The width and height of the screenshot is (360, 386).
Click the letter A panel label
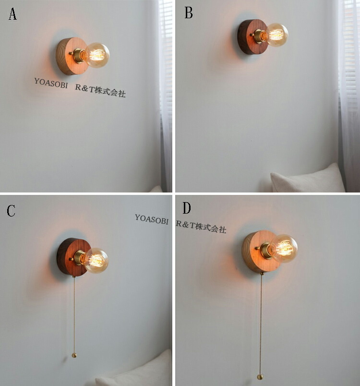(x=12, y=14)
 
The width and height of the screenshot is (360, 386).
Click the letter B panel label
(x=189, y=13)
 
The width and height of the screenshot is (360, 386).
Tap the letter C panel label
(x=11, y=211)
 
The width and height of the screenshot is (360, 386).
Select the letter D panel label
(x=187, y=208)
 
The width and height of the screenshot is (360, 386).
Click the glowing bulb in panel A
(x=97, y=55)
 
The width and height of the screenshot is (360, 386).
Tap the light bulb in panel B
(x=277, y=35)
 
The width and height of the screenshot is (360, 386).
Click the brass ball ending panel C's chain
(x=74, y=355)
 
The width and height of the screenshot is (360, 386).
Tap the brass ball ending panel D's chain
(x=260, y=377)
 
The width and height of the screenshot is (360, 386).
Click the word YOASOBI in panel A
(x=51, y=83)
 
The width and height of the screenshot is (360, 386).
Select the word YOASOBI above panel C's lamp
(x=152, y=219)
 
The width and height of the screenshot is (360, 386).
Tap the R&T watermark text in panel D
(x=201, y=227)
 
